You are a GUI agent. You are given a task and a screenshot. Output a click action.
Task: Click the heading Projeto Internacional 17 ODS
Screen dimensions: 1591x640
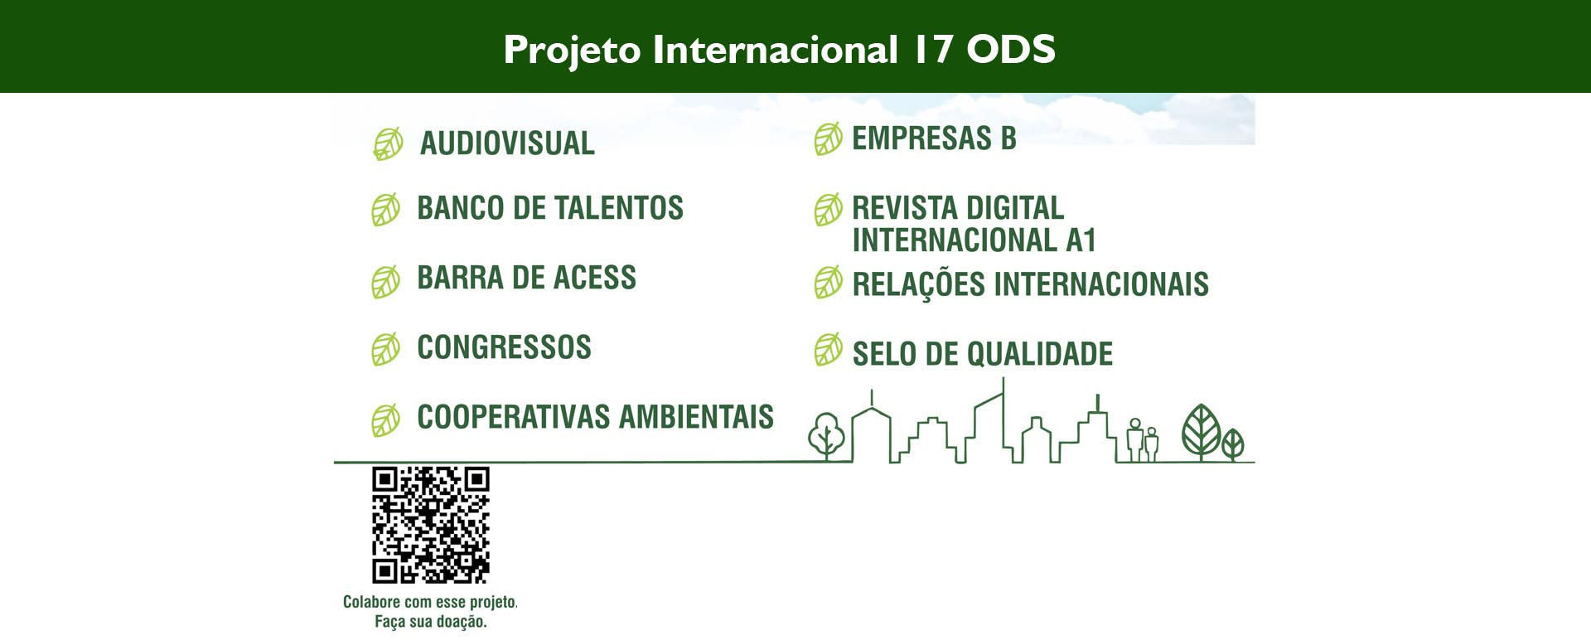[x=779, y=50]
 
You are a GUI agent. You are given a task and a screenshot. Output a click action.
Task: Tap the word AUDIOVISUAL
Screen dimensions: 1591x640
[x=507, y=143]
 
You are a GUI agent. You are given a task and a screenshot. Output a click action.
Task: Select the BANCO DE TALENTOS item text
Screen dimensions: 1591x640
[x=550, y=208]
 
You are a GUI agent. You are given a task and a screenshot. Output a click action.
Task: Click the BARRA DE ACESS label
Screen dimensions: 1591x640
[x=526, y=278]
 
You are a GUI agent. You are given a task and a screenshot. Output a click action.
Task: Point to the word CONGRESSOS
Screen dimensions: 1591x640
[x=504, y=347]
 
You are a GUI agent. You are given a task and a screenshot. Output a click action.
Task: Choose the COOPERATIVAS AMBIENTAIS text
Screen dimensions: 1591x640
[x=595, y=417]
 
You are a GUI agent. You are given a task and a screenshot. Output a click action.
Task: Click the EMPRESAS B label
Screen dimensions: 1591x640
[x=934, y=138]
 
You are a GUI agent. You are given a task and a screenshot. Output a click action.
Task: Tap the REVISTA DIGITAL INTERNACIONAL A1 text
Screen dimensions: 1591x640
[x=974, y=224]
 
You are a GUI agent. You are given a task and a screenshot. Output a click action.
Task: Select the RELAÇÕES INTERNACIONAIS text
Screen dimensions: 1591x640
[x=1030, y=284]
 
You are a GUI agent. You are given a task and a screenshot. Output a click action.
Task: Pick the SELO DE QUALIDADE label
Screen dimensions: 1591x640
[x=982, y=354]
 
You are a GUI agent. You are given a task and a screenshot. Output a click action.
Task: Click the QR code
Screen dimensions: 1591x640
[x=431, y=525]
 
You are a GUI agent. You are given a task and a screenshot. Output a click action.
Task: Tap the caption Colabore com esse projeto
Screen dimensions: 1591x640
[x=430, y=602]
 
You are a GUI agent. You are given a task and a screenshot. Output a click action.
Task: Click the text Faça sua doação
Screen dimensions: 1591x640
[x=431, y=621]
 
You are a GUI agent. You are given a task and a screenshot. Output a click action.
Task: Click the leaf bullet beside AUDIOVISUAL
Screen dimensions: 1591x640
[x=388, y=143]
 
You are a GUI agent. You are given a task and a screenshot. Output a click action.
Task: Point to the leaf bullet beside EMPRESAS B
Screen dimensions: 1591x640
[x=828, y=139]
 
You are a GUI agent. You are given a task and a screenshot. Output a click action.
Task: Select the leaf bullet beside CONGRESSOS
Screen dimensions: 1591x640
[x=385, y=350]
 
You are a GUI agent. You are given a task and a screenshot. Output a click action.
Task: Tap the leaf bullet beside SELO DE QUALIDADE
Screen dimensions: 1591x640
[x=828, y=350]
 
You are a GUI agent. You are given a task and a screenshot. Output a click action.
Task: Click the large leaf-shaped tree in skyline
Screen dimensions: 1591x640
[x=1202, y=432]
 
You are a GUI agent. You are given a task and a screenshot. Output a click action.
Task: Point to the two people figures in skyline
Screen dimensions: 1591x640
[x=1143, y=440]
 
